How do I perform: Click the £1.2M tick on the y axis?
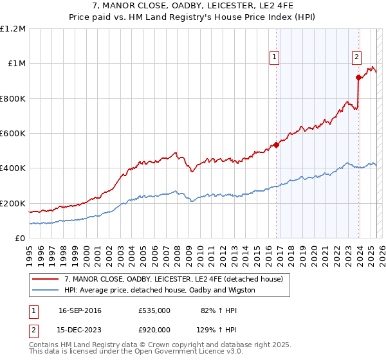click(x=13, y=29)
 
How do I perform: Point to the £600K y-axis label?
click(x=13, y=134)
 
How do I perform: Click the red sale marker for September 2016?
click(x=276, y=145)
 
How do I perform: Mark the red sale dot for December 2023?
click(x=358, y=77)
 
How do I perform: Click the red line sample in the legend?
click(x=46, y=279)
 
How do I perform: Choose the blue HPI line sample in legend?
click(x=46, y=290)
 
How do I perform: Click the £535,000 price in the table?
click(x=154, y=310)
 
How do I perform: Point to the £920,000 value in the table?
click(x=154, y=329)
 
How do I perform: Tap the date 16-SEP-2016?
click(x=80, y=310)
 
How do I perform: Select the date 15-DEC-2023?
click(x=80, y=329)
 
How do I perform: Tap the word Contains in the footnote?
click(x=44, y=345)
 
